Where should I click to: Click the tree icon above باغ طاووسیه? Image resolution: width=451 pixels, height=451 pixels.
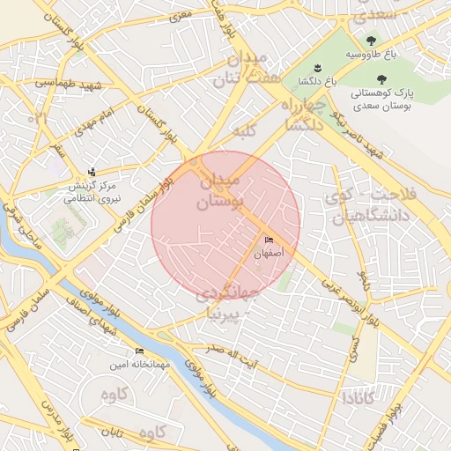(372, 41)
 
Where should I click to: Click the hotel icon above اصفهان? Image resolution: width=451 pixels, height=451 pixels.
(270, 240)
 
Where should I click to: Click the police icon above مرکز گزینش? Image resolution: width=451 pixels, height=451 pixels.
(92, 173)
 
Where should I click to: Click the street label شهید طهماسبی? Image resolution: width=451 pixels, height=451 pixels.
(70, 86)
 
